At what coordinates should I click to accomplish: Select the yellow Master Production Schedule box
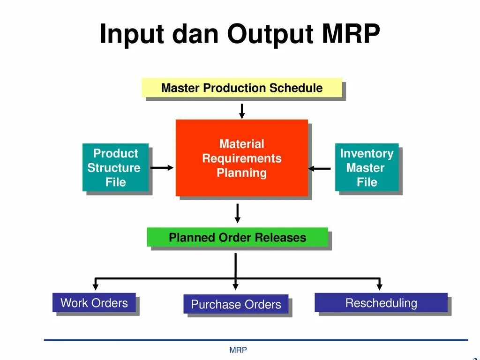click(242, 88)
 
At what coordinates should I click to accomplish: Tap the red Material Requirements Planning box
click(242, 157)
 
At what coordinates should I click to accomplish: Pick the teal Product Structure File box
click(115, 167)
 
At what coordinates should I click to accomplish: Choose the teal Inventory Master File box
click(367, 167)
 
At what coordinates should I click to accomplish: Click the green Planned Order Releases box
click(237, 237)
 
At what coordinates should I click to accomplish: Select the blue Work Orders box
click(94, 303)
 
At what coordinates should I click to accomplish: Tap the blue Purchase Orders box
click(236, 304)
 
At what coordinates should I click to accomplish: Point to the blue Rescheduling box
click(381, 303)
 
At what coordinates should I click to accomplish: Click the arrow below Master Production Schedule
click(242, 111)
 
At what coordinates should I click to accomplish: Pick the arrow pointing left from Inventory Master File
click(320, 168)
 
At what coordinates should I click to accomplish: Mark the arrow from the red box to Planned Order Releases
click(238, 213)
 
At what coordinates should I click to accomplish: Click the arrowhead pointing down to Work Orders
click(96, 285)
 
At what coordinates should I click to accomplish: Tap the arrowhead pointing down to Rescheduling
click(379, 285)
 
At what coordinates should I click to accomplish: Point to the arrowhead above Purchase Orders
click(236, 285)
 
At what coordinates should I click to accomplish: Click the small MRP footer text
click(238, 350)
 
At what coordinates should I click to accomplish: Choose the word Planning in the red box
click(241, 172)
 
